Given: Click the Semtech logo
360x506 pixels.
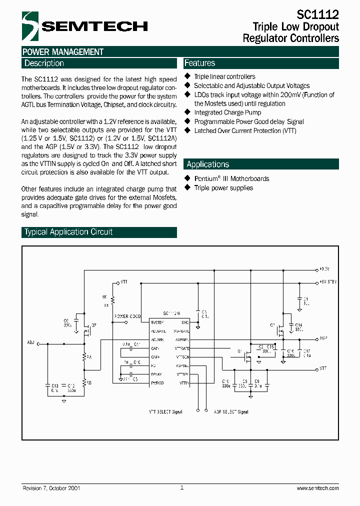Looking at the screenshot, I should tap(85, 26).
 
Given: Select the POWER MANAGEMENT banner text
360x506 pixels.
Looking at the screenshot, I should tap(63, 52).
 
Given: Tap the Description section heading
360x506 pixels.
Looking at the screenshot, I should tap(44, 63).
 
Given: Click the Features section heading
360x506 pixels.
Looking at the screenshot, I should tap(199, 63).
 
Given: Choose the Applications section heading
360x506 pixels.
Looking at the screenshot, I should tap(207, 164).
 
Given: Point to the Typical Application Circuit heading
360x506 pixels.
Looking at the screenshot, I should tap(68, 232).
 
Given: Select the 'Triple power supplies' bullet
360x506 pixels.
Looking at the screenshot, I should tap(223, 188).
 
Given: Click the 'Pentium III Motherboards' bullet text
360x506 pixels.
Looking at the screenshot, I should tap(231, 179).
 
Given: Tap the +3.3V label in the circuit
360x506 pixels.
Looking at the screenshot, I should tap(324, 268).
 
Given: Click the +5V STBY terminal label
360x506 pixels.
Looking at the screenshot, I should tap(328, 282).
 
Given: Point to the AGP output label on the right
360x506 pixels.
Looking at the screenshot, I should tap(323, 338).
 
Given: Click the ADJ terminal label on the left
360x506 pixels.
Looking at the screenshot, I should tap(31, 343).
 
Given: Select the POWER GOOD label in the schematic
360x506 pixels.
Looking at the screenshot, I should tap(127, 316).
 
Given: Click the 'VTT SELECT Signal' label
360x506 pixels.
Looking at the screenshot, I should tap(165, 412).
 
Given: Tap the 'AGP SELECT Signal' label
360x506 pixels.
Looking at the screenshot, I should tap(231, 412).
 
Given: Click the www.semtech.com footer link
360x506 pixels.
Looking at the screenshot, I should tap(317, 488).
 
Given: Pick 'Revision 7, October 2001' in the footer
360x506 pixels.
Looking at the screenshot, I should tap(51, 488).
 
